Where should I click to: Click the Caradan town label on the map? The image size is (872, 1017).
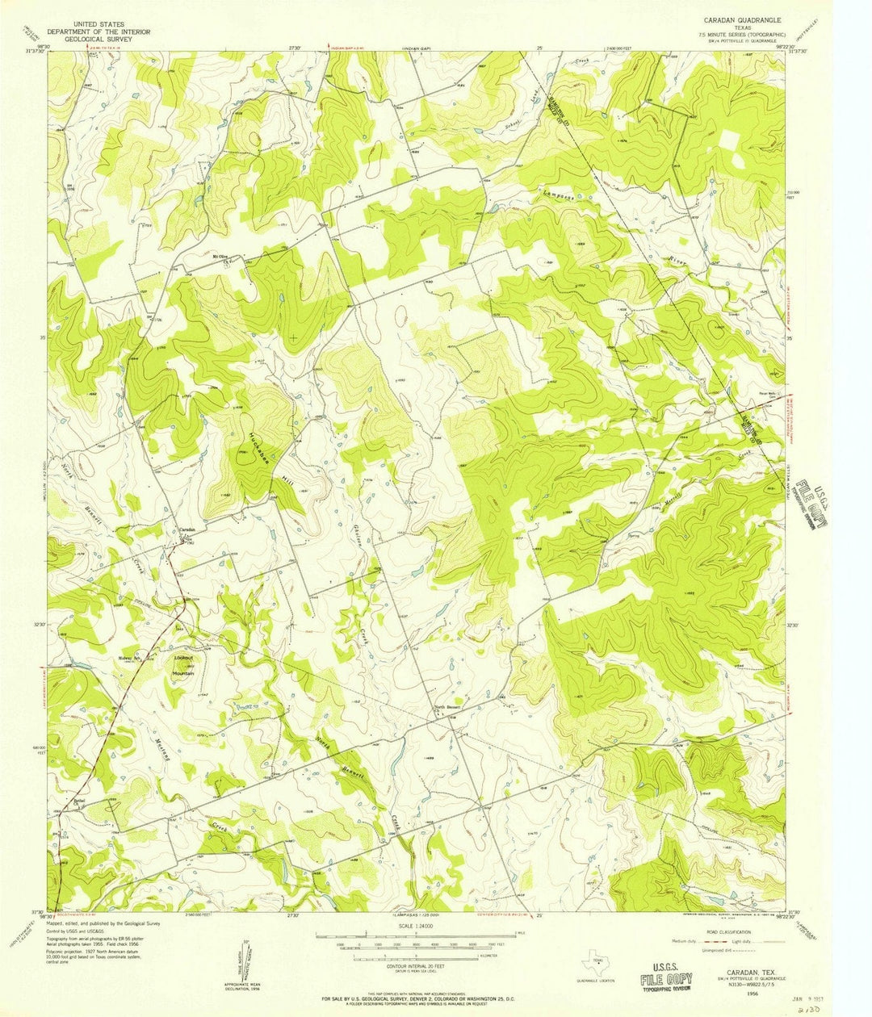(x=187, y=530)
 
